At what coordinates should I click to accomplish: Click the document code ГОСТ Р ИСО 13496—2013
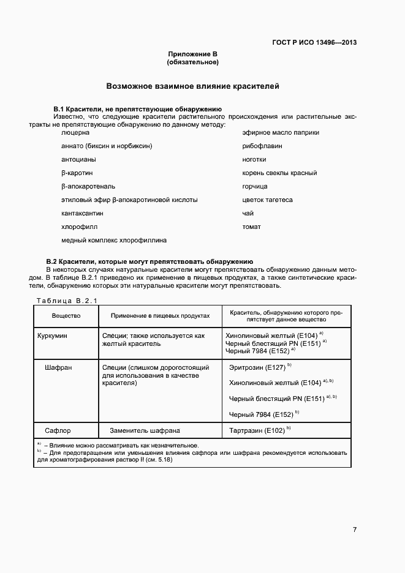pos(314,42)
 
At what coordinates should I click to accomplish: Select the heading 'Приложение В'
pos(192,54)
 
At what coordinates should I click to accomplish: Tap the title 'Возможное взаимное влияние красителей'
pos(192,86)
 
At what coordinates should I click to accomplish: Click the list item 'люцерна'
pos(75,132)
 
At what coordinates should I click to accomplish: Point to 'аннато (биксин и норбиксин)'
pos(107,146)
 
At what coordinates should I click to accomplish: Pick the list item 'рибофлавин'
pos(260,146)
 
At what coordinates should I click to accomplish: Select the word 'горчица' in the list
pos(255,186)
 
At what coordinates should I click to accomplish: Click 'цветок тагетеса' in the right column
pos(268,200)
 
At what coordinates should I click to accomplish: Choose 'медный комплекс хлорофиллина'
pos(114,240)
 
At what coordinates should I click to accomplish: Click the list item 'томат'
pos(252,227)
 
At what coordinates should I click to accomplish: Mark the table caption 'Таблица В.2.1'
pos(67,300)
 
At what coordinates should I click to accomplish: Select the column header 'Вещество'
pos(66,316)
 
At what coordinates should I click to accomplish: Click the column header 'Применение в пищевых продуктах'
pos(160,316)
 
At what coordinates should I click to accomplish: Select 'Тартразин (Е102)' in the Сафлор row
pos(257,430)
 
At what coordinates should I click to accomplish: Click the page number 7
pos(354,530)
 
